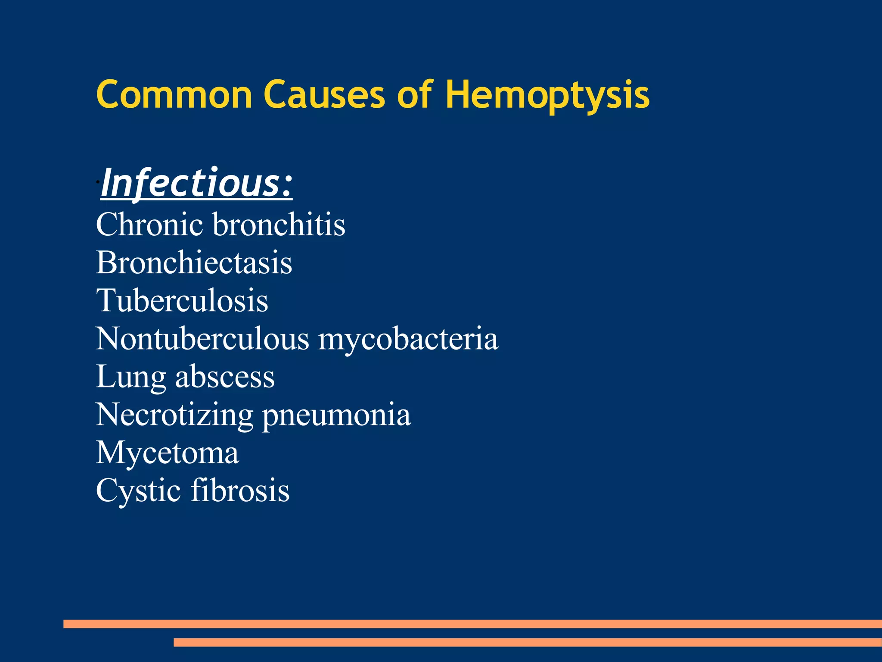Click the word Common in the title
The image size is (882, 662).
[x=174, y=95]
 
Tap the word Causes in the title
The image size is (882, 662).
[x=324, y=95]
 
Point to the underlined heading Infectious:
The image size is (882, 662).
[x=196, y=184]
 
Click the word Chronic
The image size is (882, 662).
[x=149, y=225]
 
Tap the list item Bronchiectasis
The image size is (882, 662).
[x=194, y=262]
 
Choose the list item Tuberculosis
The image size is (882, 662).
[x=182, y=300]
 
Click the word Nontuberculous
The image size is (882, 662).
[x=202, y=338]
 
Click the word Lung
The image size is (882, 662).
[x=130, y=378]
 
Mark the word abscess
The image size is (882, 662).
[x=225, y=377]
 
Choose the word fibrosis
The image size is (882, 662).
[x=240, y=490]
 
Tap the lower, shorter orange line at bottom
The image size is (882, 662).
[x=528, y=642]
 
